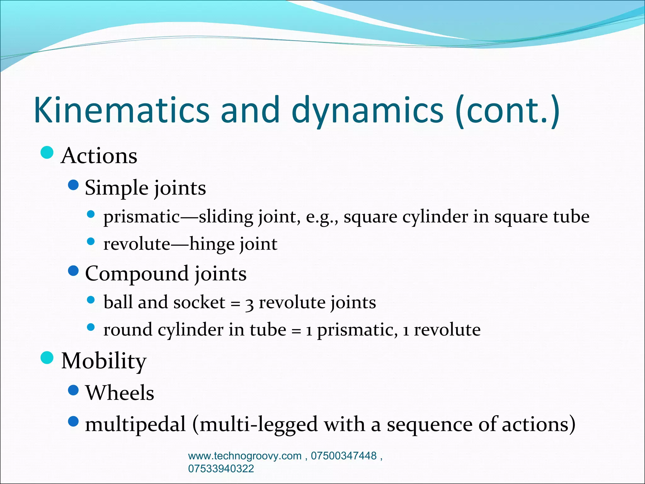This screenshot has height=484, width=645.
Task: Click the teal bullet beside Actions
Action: coord(47,153)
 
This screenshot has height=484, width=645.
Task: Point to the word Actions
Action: coord(99,156)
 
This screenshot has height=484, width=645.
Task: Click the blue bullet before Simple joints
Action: coord(73,185)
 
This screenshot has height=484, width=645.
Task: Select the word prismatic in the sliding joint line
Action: coord(141,217)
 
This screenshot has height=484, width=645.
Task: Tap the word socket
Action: coord(199,302)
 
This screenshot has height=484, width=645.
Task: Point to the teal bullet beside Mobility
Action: coord(47,358)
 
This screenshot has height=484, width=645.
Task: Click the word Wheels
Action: coord(120,393)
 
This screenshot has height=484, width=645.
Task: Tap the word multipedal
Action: coord(135,424)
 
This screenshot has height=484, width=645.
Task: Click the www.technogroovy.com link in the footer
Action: coord(245,456)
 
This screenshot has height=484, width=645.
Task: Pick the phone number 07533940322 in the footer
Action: coord(221,469)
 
